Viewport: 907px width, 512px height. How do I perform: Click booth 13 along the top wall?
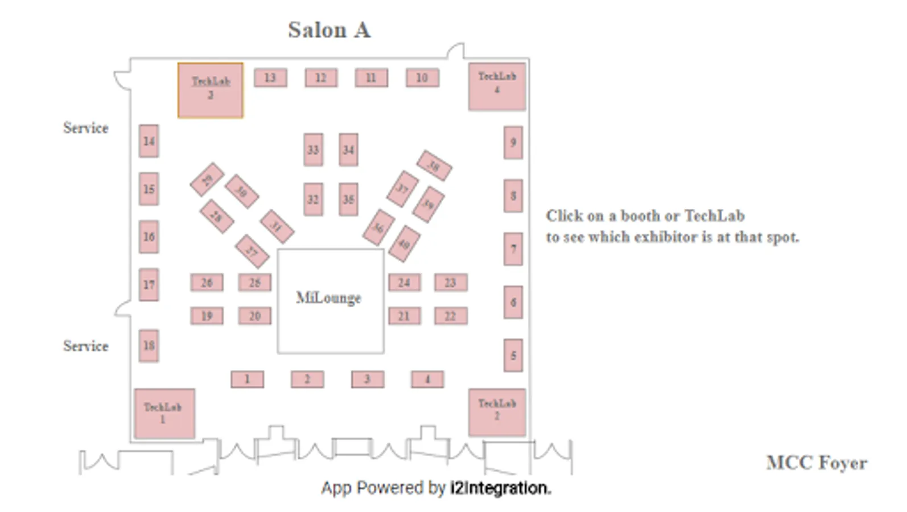pos(270,77)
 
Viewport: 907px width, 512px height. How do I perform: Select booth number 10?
pos(422,77)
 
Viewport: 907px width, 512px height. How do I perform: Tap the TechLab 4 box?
pos(497,86)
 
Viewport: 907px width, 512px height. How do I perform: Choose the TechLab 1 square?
pos(164,414)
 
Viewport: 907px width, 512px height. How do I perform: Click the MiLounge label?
pos(328,298)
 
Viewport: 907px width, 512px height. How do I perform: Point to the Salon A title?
pos(329,30)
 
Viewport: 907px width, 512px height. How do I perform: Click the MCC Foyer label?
pos(817,463)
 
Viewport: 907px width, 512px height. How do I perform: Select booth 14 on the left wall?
pos(149,141)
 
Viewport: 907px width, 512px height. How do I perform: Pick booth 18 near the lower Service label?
pos(149,345)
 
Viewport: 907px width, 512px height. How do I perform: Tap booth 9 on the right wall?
pos(513,142)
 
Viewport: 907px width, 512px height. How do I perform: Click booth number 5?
pos(513,356)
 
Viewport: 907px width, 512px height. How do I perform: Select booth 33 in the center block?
pos(313,150)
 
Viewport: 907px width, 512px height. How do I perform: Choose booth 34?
pos(348,150)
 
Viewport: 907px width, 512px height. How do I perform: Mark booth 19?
pos(207,316)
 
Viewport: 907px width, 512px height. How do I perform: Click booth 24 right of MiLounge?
pos(405,282)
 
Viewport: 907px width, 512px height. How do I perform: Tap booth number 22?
pos(451,316)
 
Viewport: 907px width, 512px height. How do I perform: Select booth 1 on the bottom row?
pos(247,379)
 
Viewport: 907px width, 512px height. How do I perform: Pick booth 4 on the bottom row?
pos(427,379)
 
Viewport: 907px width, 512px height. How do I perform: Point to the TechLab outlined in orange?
pos(211,90)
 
